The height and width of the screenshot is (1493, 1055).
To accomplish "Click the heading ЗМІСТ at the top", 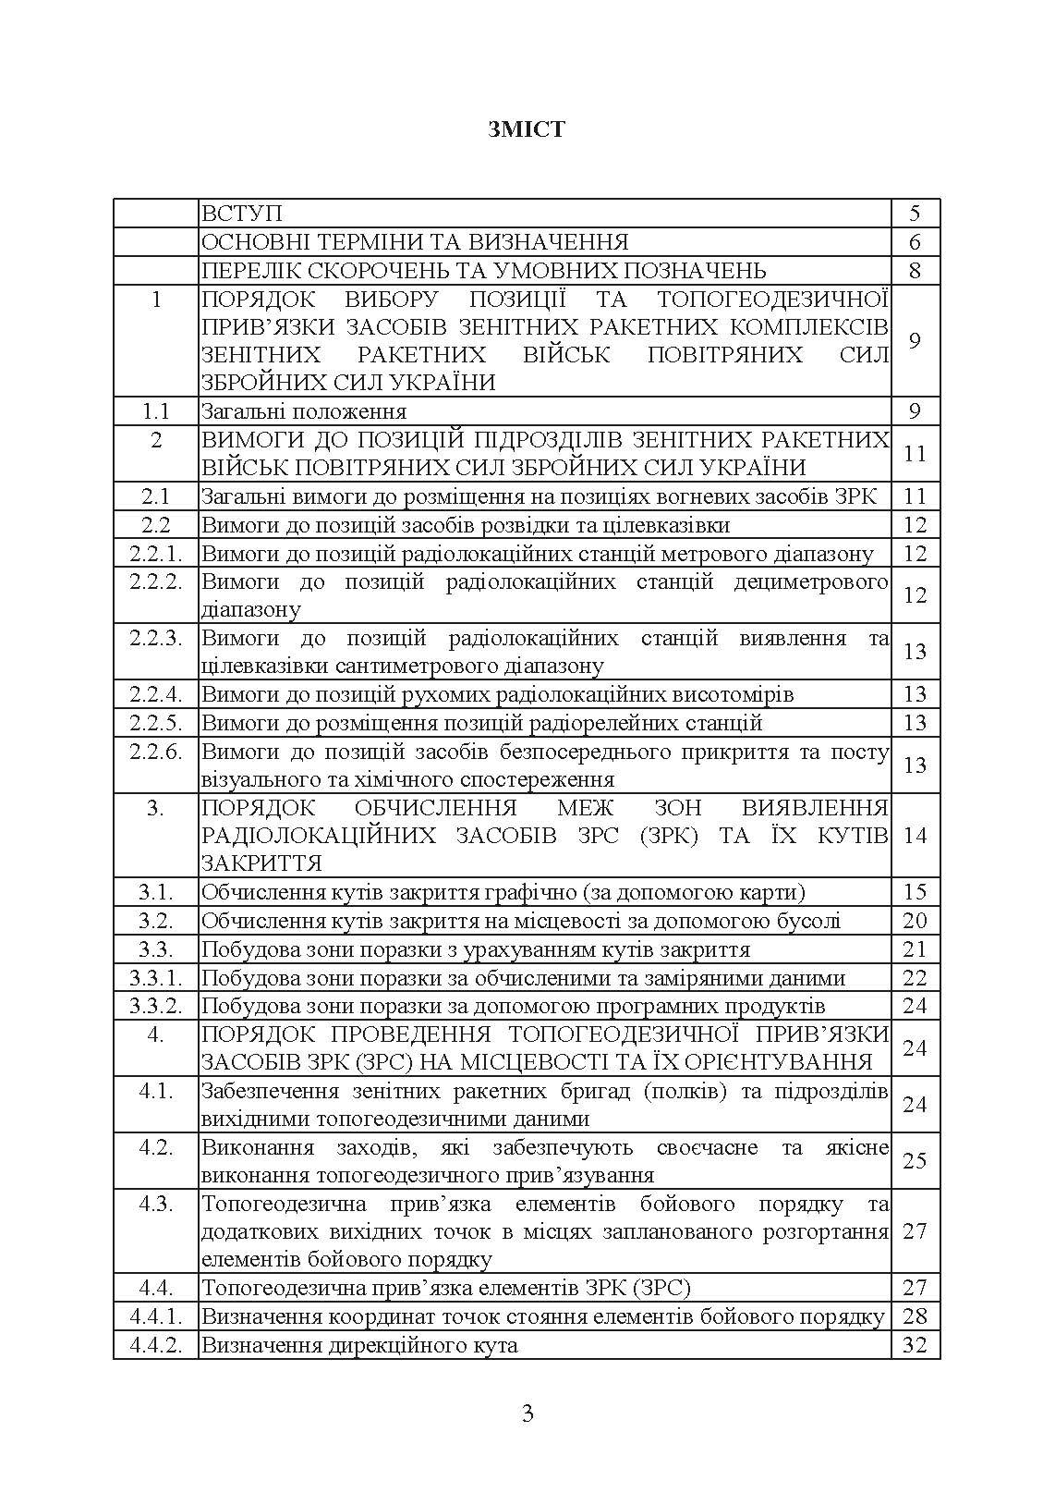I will pyautogui.click(x=527, y=129).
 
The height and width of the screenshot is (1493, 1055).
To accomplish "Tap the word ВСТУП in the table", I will pyautogui.click(x=242, y=214).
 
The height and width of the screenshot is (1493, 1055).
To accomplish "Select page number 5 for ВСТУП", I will pyautogui.click(x=915, y=214).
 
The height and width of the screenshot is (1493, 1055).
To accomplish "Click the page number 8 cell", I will pyautogui.click(x=915, y=271).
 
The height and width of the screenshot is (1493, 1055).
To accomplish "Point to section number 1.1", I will pyautogui.click(x=156, y=411).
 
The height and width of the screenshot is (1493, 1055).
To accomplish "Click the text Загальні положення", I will pyautogui.click(x=304, y=411).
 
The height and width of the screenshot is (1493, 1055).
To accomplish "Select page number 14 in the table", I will pyautogui.click(x=915, y=836).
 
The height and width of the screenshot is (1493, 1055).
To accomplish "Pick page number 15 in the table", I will pyautogui.click(x=915, y=892).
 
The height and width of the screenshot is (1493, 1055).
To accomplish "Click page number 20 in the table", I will pyautogui.click(x=915, y=921).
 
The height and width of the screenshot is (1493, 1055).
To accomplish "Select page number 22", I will pyautogui.click(x=915, y=978).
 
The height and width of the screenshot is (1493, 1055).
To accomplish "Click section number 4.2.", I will pyautogui.click(x=156, y=1147).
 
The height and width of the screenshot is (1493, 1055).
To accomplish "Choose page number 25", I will pyautogui.click(x=915, y=1161).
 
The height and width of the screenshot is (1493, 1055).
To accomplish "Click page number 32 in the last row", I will pyautogui.click(x=915, y=1345).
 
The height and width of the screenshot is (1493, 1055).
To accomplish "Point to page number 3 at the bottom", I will pyautogui.click(x=527, y=1413).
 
